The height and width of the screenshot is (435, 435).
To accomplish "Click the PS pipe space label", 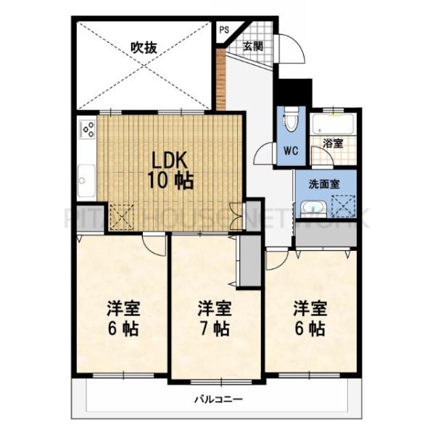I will point(224,30).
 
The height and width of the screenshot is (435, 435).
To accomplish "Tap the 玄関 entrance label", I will point(252,46).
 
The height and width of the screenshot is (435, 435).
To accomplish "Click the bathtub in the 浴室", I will point(333,125).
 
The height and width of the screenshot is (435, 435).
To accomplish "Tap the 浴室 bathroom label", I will point(333,143).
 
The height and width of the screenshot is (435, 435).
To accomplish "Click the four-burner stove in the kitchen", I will point(87,129).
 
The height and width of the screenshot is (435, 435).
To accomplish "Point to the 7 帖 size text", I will point(215,328).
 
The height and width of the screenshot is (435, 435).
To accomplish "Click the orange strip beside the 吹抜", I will point(221,80).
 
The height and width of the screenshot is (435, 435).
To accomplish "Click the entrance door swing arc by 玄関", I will point(291,49).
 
